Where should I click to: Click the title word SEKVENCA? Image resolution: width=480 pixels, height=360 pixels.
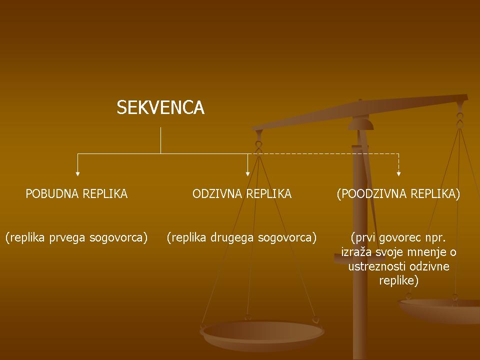pyautogui.click(x=160, y=107)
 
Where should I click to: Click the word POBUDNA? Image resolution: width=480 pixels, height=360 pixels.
pyautogui.click(x=52, y=194)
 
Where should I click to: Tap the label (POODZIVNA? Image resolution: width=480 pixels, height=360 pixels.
pyautogui.click(x=371, y=194)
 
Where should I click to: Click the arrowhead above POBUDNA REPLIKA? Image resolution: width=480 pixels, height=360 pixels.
pyautogui.click(x=78, y=174)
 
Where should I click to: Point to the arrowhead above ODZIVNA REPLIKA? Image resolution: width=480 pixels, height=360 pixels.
pyautogui.click(x=247, y=174)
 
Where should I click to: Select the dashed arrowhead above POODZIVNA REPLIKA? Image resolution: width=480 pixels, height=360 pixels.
pyautogui.click(x=398, y=174)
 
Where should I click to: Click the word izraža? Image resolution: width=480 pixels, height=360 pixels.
pyautogui.click(x=356, y=252)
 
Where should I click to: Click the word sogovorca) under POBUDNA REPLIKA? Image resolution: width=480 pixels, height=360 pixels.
pyautogui.click(x=118, y=238)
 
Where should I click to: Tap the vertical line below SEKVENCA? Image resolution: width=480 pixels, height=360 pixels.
pyautogui.click(x=160, y=140)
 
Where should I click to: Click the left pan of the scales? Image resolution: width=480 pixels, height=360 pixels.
pyautogui.click(x=262, y=334)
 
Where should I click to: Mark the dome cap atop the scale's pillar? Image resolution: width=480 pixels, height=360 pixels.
pyautogui.click(x=361, y=124)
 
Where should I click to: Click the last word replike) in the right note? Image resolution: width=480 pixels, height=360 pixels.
pyautogui.click(x=398, y=280)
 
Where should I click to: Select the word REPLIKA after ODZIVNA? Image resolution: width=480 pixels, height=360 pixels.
pyautogui.click(x=269, y=194)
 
